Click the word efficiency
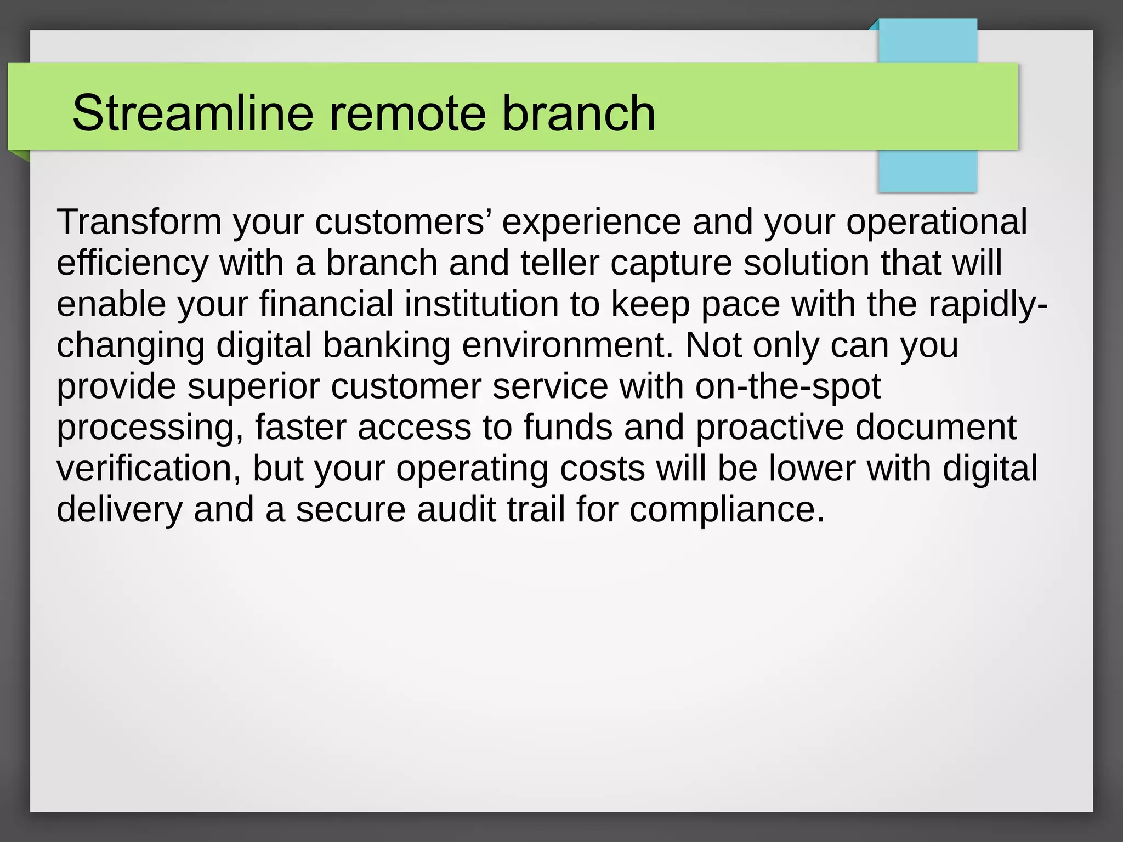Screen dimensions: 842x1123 click(x=132, y=264)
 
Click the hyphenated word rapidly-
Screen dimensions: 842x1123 click(x=988, y=305)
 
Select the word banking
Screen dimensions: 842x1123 click(x=386, y=346)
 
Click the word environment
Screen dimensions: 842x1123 click(x=567, y=345)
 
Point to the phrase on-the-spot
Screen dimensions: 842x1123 click(x=787, y=387)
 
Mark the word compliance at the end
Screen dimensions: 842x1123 click(x=727, y=510)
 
